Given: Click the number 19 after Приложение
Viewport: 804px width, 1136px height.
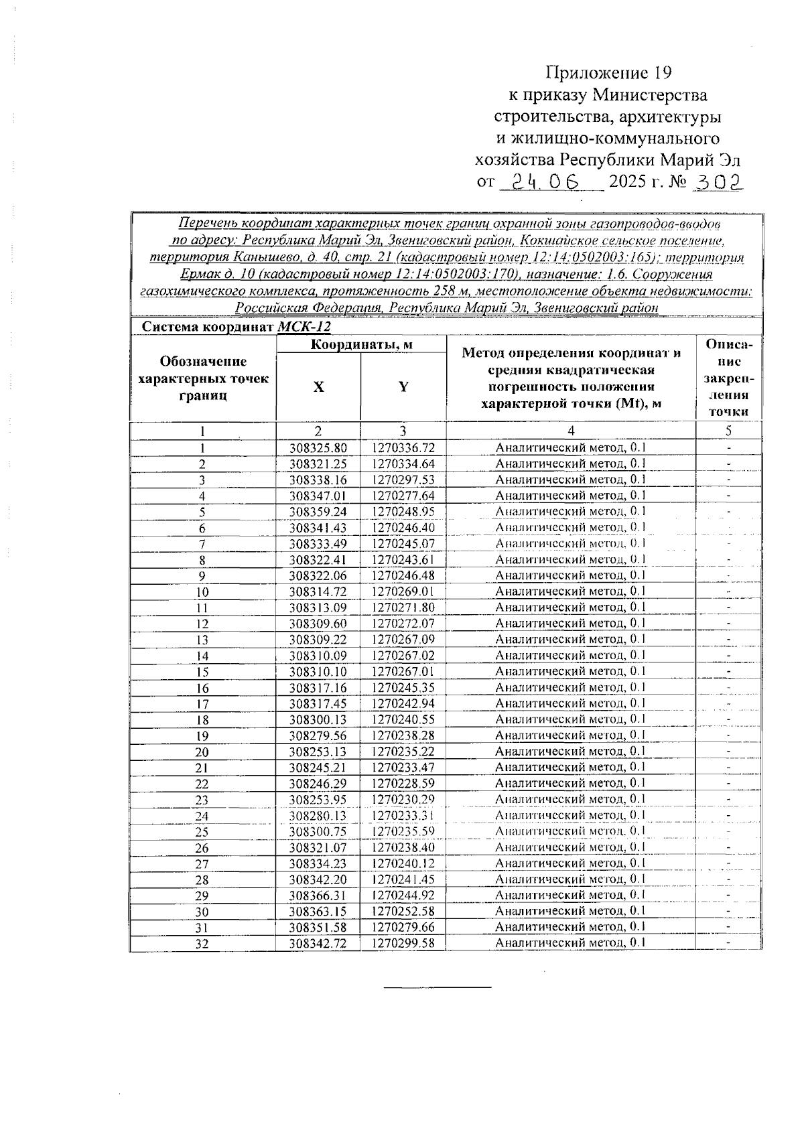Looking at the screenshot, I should (661, 72).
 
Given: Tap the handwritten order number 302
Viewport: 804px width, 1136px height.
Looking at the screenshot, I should (718, 182).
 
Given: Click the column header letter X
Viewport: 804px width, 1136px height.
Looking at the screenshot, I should (318, 387).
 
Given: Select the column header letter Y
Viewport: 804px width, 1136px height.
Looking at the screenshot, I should (403, 386).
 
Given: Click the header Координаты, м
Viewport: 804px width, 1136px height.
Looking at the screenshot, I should (360, 344).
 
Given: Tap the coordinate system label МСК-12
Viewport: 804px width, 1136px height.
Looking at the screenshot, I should (304, 327).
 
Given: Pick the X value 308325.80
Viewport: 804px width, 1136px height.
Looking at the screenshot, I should (318, 447).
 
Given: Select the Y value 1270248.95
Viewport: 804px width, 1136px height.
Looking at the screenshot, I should (403, 512).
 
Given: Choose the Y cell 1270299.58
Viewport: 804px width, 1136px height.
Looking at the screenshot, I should (403, 943).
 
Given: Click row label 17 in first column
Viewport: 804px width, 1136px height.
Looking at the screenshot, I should (202, 704).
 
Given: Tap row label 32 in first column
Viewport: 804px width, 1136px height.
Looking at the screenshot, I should (202, 944).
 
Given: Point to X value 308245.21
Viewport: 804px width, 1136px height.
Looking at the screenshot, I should (318, 768).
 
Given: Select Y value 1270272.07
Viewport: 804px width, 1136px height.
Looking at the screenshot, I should (403, 624).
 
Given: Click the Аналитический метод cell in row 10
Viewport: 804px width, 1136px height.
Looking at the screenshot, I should (570, 591).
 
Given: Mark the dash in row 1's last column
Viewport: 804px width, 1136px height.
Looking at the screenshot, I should (728, 447).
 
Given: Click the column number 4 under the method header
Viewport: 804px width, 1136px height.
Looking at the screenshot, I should (571, 431).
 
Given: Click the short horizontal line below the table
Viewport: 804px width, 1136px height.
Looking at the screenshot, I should (438, 987).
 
